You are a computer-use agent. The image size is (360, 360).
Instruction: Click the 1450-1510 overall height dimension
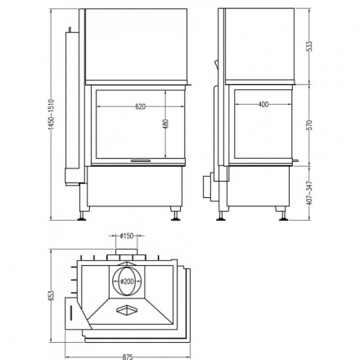click(x=52, y=115)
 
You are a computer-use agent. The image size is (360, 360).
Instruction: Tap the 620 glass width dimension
click(x=140, y=106)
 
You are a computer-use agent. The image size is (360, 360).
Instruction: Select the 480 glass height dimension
click(x=165, y=124)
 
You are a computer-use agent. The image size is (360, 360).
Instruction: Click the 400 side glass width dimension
click(x=263, y=104)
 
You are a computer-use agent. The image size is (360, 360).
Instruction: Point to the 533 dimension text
click(x=309, y=47)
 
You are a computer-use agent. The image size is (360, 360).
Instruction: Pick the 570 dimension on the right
click(x=309, y=125)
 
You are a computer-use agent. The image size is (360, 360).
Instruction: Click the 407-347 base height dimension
click(x=309, y=193)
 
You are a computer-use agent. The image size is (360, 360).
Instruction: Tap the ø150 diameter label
click(x=127, y=236)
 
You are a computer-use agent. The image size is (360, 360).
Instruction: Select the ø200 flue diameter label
click(x=128, y=281)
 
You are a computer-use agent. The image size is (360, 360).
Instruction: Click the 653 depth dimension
click(x=52, y=295)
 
